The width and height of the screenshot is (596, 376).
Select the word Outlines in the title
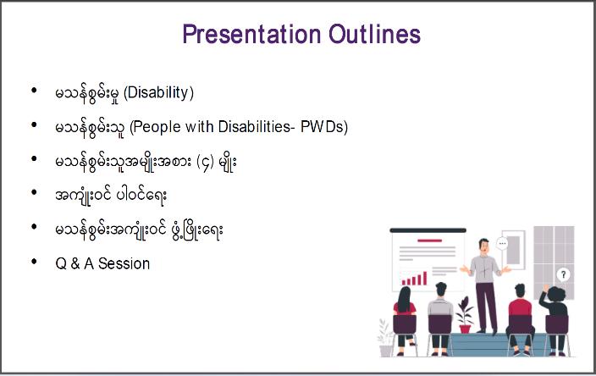click(x=375, y=34)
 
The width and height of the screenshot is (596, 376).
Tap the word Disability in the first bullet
click(x=159, y=93)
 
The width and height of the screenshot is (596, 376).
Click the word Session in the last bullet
click(x=124, y=263)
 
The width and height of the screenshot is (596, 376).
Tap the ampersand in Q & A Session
click(x=75, y=263)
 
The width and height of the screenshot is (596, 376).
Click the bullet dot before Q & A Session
click(x=34, y=261)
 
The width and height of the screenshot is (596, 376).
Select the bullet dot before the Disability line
click(x=34, y=91)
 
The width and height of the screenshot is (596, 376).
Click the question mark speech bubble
click(x=563, y=274)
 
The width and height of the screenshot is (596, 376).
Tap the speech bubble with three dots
click(x=502, y=243)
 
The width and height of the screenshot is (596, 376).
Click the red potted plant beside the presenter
click(x=465, y=316)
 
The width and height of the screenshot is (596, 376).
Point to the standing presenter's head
click(x=483, y=246)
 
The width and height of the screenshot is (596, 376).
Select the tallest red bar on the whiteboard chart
click(x=425, y=279)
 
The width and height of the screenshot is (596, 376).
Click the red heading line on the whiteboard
click(x=429, y=241)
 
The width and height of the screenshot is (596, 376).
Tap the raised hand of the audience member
click(x=546, y=288)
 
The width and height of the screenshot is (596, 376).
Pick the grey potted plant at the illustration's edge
click(x=385, y=339)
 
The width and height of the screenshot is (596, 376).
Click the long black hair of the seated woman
click(x=405, y=300)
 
